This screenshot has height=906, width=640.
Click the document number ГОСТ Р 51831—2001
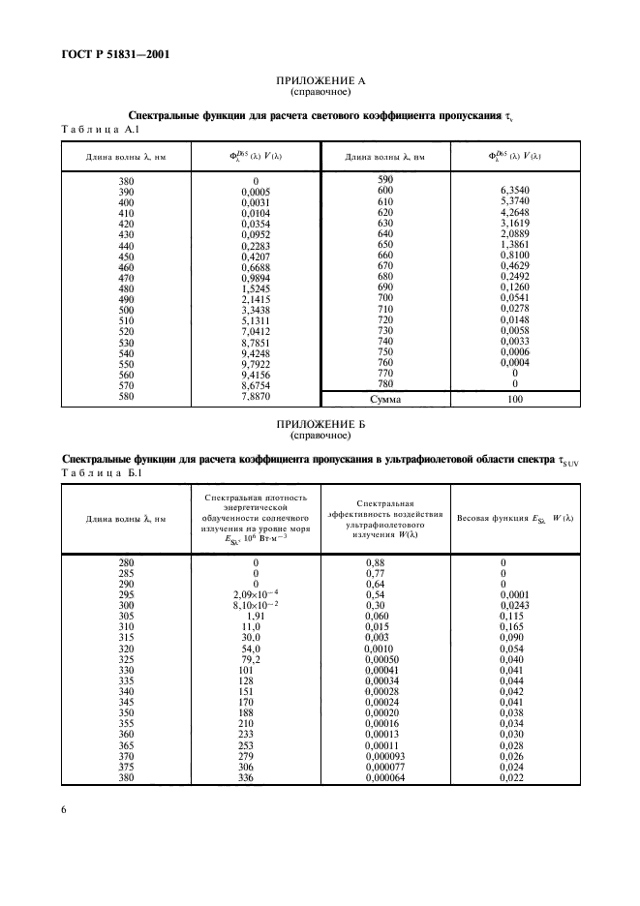coord(107,54)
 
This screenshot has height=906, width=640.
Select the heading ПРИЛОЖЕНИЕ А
coord(320,82)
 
